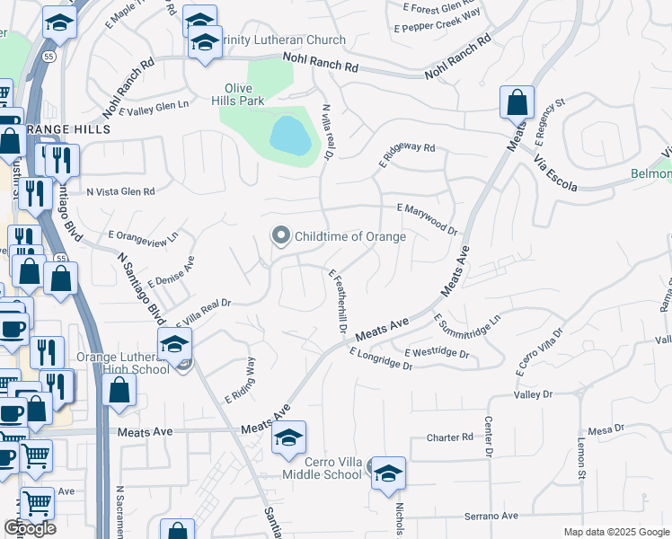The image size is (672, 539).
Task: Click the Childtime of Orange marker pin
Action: point(281,236)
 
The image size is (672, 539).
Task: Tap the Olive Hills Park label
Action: point(244,94)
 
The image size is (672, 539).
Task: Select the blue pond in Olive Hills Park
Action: point(290,136)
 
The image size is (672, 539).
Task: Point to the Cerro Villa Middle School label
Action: point(322,468)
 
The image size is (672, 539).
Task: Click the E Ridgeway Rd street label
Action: point(406,155)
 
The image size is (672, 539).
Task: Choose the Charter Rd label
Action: point(449,437)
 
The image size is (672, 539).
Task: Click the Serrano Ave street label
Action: point(491,516)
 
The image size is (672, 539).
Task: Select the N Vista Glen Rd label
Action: point(120,191)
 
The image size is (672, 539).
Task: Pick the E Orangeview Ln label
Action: point(144,240)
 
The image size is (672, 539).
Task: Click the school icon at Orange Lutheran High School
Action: point(174,342)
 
